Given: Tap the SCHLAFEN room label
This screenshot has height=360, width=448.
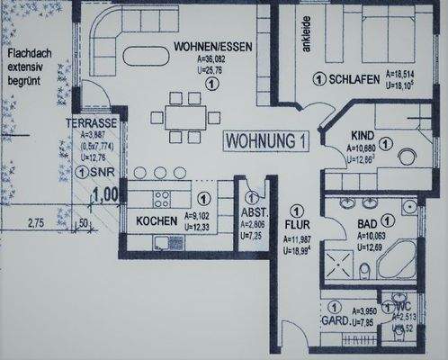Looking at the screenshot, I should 353,80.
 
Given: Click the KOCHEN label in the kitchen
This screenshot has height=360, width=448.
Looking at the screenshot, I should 156,220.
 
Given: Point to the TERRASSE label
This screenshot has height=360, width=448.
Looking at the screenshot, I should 87,122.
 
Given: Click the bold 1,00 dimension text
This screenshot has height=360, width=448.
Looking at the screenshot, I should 106,193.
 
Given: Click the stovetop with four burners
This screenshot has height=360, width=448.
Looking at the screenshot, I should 163,199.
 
